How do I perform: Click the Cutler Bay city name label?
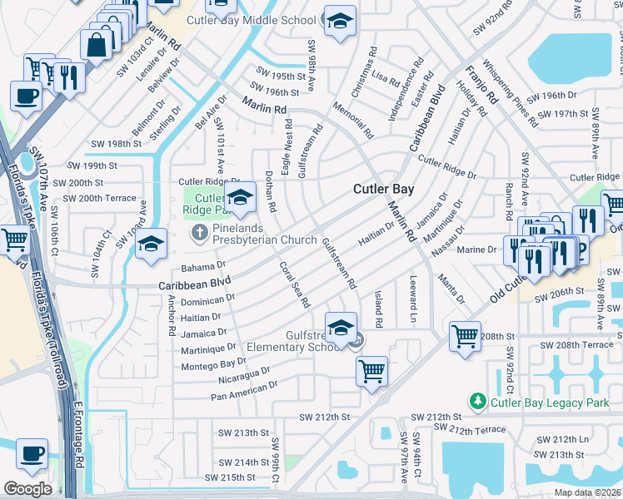click(383, 189)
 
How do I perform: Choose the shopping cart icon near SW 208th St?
click(466, 336)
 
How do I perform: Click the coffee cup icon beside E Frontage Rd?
click(32, 454)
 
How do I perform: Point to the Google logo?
click(27, 489)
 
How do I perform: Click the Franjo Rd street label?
click(481, 86)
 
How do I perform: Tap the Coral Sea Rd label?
click(294, 284)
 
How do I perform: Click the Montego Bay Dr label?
click(212, 361)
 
